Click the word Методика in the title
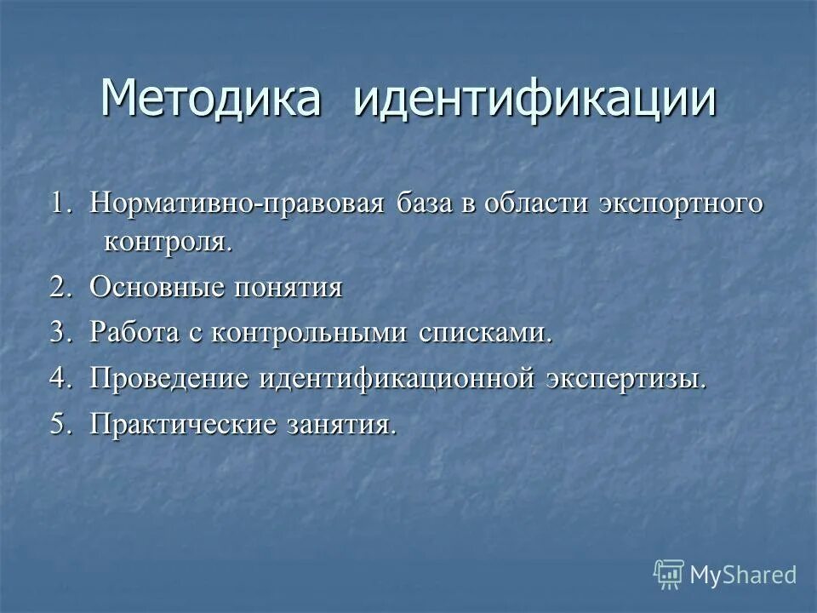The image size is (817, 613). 210,100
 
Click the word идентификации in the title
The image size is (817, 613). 534,100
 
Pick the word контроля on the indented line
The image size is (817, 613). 167,242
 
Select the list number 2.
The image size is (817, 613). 60,287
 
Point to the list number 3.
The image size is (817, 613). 60,332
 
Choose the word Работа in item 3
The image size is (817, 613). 135,332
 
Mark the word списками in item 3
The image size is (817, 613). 484,332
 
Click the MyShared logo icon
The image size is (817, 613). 669,575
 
